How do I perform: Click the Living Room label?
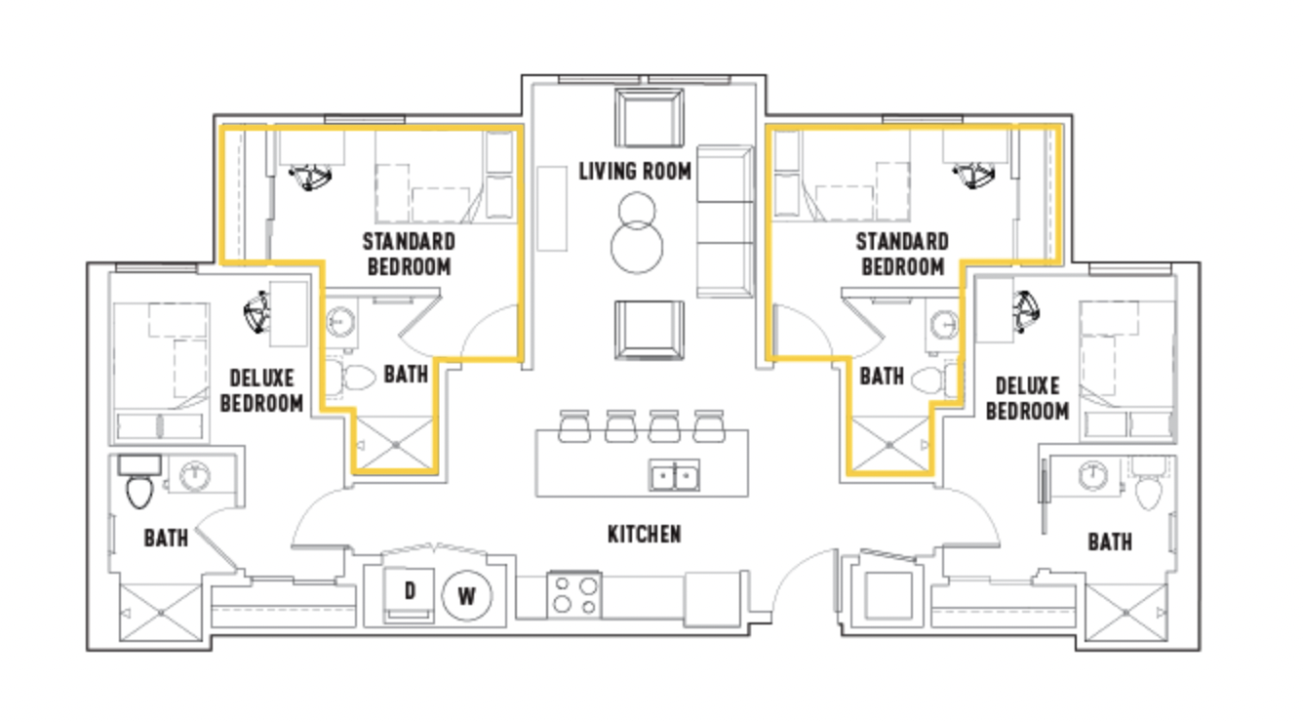[635, 171]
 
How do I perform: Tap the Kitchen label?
[644, 534]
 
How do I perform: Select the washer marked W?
[466, 596]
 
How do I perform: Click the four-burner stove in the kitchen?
[574, 594]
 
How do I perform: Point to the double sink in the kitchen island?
[674, 475]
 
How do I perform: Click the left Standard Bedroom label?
[409, 255]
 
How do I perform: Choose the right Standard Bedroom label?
[902, 255]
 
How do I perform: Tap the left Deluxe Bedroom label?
[261, 390]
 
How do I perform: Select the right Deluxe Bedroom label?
[1027, 398]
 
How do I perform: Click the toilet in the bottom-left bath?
[139, 482]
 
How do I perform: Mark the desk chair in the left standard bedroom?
[310, 177]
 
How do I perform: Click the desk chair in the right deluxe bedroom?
[1026, 312]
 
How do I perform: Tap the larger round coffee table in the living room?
[637, 247]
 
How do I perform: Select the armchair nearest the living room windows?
[650, 118]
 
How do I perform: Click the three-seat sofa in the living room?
[726, 221]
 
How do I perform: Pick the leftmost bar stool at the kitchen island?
[574, 426]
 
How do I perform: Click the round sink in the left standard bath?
[341, 321]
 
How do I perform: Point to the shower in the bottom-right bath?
[1126, 613]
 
